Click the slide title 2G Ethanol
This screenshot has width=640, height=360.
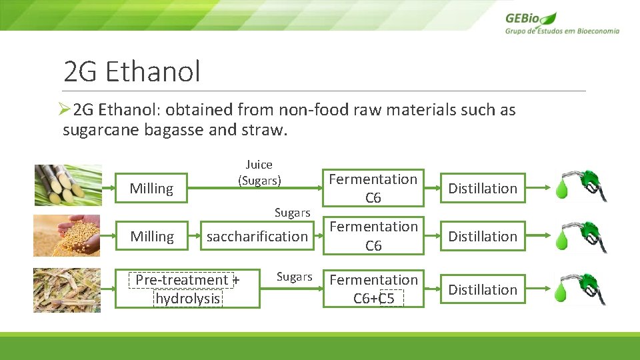point(131,71)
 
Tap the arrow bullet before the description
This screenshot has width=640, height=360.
point(64,110)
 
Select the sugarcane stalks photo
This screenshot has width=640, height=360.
point(67,185)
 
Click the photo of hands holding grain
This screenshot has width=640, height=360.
point(67,235)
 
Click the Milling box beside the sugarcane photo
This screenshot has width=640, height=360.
point(151,189)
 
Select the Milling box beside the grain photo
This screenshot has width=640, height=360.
point(151,237)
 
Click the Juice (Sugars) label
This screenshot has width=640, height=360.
point(259,173)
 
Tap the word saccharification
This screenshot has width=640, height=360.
point(257,237)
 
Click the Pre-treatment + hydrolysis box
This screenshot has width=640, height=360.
point(187,289)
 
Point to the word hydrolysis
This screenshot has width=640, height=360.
point(187,299)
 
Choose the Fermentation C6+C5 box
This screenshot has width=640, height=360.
point(373,289)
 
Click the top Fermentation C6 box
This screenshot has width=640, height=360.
point(373,188)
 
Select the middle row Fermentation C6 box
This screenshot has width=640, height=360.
point(373,236)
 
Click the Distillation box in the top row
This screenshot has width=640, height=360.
point(483,189)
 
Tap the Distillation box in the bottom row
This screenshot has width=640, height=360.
point(483,290)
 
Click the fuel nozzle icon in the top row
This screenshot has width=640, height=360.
point(589,185)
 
